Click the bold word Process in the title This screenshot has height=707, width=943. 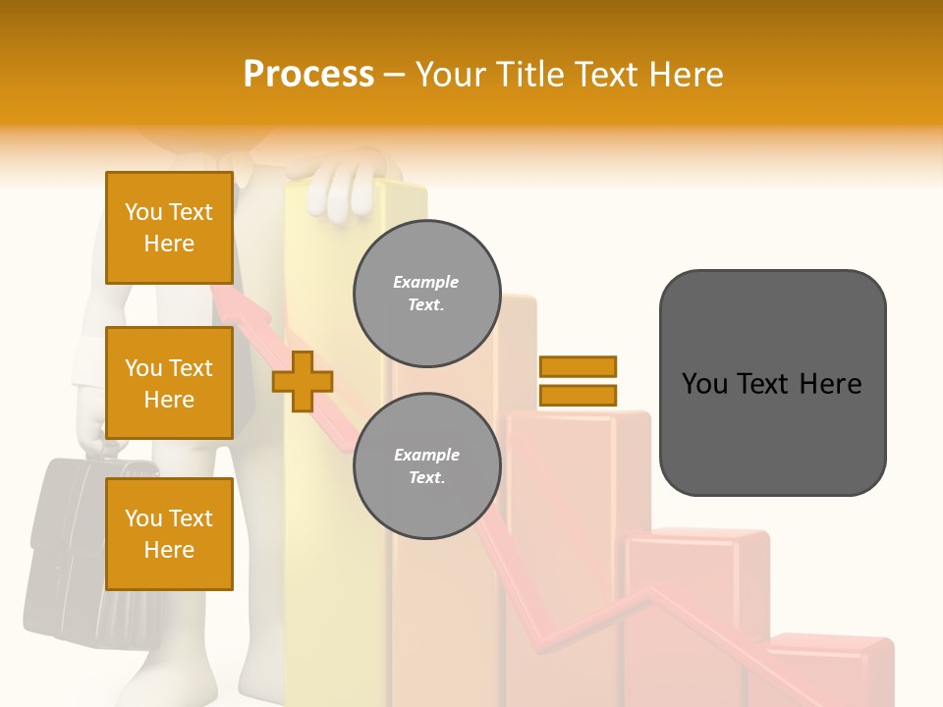pos(308,75)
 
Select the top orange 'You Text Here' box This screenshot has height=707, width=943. pos(169,228)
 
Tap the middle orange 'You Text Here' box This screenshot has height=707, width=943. pos(169,383)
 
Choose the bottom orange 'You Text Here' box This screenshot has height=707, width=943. pos(169,533)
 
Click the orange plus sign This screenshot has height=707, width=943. pos(303,381)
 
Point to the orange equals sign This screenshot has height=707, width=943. pos(578,381)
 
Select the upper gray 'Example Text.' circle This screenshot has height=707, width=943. pos(426,293)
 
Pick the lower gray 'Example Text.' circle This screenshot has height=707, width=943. pos(426,465)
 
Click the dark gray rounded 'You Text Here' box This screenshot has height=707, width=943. pos(772,383)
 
